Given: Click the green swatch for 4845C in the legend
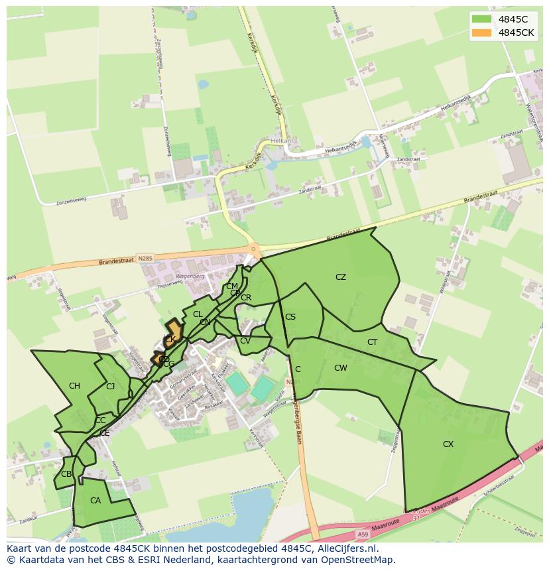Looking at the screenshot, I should tap(481, 19).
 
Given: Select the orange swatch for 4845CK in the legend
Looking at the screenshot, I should tap(481, 33).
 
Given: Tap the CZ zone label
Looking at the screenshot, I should tap(341, 277).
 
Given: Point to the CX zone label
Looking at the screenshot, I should tap(448, 444).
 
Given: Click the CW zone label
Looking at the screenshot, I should tap(341, 368).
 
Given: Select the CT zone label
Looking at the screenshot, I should tap(373, 342).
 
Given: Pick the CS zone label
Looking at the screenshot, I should tap(290, 317).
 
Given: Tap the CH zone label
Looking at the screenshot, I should tap(74, 386).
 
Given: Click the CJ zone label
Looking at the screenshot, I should tap(111, 386).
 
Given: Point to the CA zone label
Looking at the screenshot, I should tap(95, 501).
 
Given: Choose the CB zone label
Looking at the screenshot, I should tap(66, 474).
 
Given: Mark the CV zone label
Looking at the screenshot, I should tap(245, 341).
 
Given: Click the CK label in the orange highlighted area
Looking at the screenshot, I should tap(170, 340).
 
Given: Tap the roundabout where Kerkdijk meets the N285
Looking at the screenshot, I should tap(253, 250).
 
